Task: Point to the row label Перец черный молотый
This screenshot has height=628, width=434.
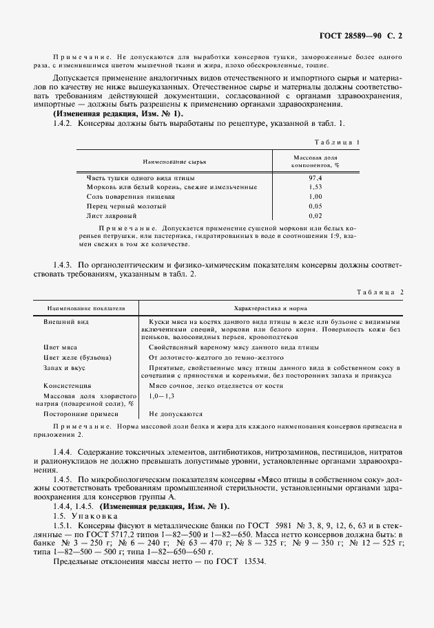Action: click(126, 206)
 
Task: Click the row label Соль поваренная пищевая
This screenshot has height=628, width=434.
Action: click(131, 196)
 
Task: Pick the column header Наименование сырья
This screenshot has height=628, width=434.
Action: click(174, 161)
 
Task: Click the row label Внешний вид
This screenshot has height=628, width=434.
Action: click(66, 322)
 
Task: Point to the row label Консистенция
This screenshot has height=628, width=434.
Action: click(69, 387)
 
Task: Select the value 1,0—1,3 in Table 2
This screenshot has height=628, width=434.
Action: click(161, 398)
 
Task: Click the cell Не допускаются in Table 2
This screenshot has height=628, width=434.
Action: click(175, 415)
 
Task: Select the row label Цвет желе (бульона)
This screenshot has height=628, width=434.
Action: click(76, 358)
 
